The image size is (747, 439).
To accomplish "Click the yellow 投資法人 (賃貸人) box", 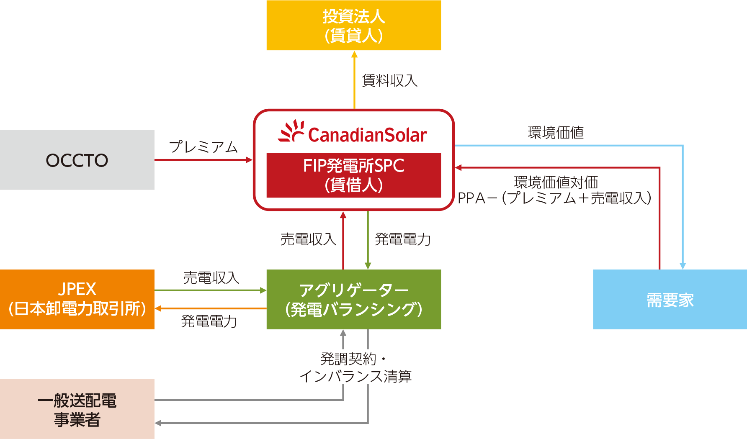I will [353, 26].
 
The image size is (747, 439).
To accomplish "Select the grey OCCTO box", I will [77, 160].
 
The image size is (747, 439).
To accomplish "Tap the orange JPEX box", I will [77, 299].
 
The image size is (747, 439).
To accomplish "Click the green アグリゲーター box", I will [353, 299].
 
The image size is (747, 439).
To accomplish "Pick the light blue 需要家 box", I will [670, 299].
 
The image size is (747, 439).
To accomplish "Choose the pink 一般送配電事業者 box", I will [77, 409].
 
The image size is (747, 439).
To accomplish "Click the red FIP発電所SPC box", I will [353, 175].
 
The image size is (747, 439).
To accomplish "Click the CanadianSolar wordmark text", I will [367, 135].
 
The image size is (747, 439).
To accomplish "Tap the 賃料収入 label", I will [389, 80].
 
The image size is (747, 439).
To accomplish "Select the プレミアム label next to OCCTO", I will [203, 147].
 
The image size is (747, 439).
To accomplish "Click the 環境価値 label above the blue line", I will [556, 133].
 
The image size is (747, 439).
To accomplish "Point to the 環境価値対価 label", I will [556, 182].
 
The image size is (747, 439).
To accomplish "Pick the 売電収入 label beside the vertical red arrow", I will [308, 239].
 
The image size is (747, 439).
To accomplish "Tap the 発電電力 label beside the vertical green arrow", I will [402, 239].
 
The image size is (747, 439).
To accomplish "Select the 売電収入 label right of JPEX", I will [211, 278].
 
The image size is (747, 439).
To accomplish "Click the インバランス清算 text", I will [355, 376].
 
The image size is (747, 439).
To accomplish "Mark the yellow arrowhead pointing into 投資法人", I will [354, 54].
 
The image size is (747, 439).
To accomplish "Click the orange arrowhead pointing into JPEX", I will [158, 309].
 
